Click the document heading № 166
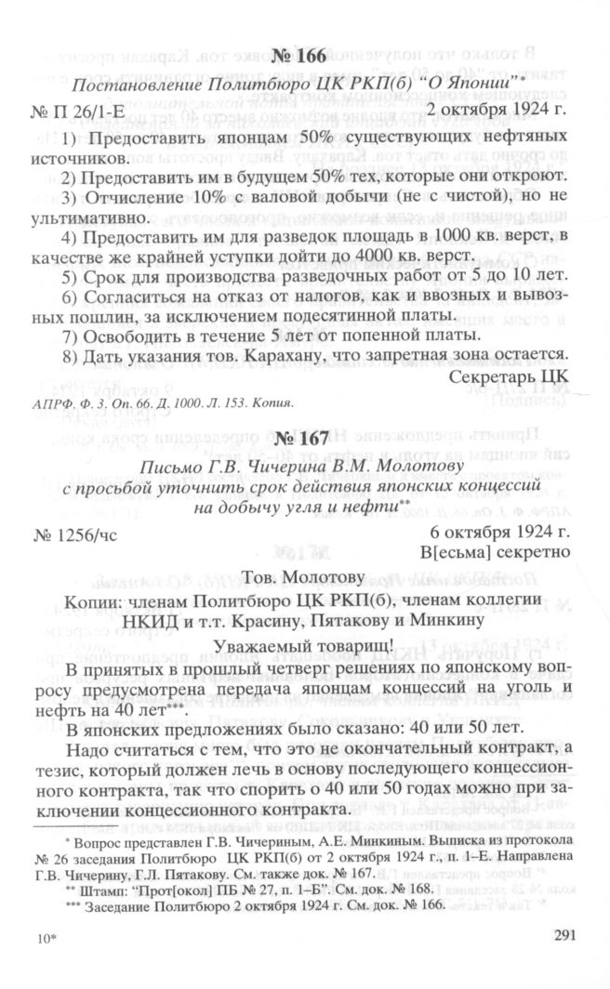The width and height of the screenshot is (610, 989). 299,57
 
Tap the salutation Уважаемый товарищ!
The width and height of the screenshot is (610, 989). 303,647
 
